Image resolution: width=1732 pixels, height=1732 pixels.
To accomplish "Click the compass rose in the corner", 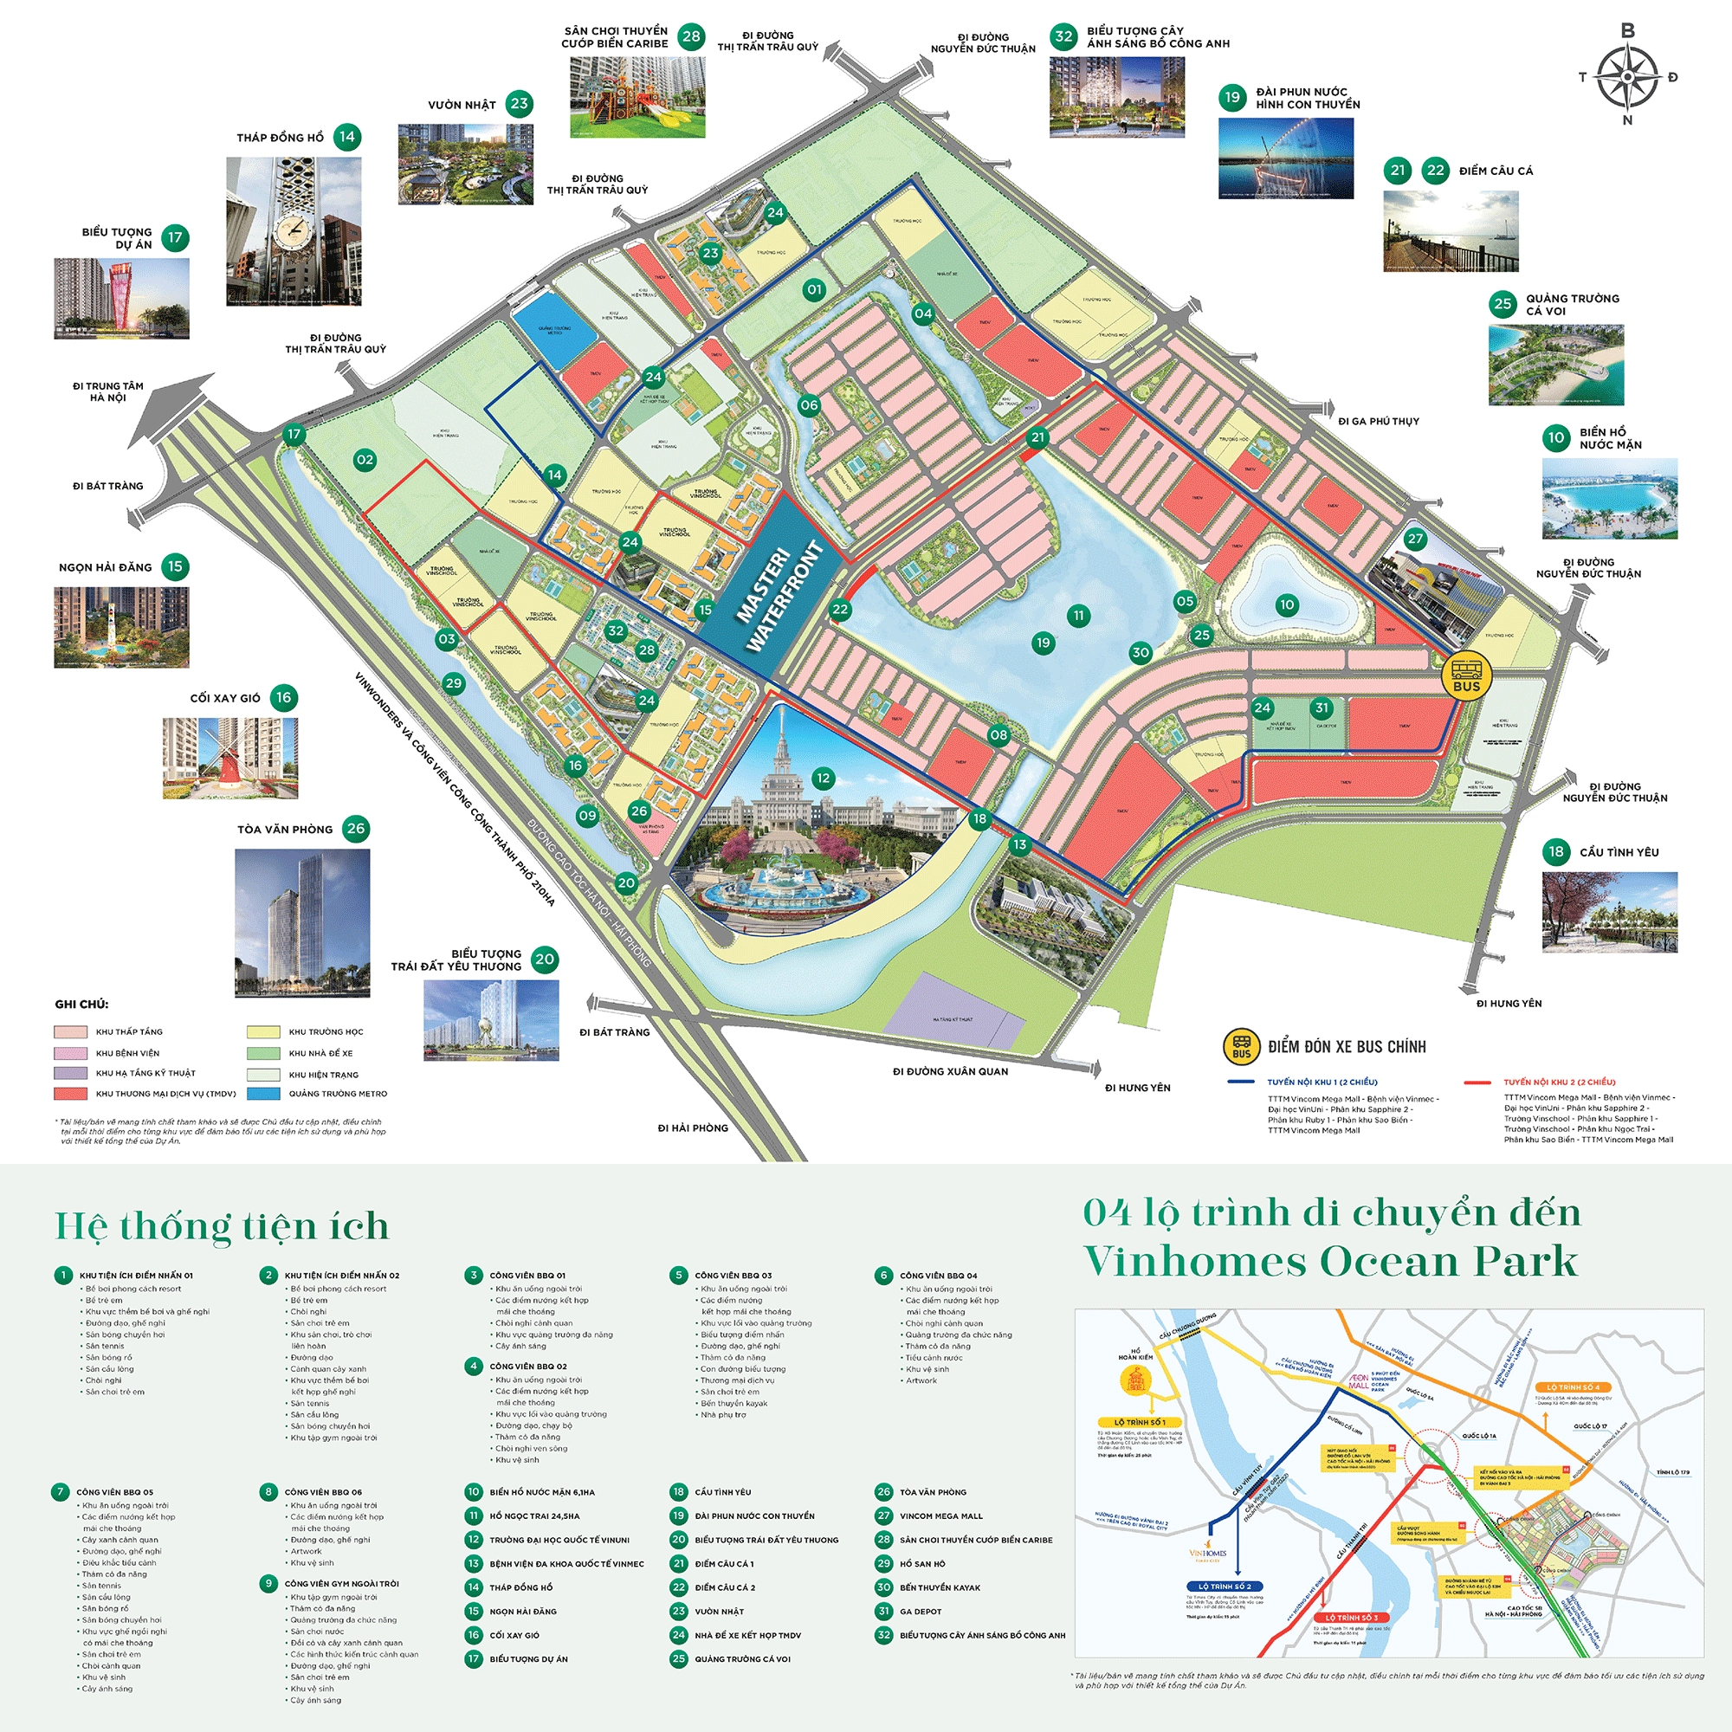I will pyautogui.click(x=1627, y=76).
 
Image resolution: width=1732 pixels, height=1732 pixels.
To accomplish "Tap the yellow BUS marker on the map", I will pyautogui.click(x=1467, y=677).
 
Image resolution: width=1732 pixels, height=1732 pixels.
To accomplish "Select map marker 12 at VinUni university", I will pyautogui.click(x=823, y=779).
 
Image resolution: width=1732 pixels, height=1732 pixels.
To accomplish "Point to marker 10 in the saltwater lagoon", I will pyautogui.click(x=1287, y=604).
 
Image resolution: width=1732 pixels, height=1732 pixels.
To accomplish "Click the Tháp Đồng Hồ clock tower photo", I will pyautogui.click(x=294, y=231).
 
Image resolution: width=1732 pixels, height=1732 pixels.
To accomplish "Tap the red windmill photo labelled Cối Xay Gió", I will pyautogui.click(x=230, y=758).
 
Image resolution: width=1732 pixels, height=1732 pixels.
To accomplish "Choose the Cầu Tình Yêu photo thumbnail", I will pyautogui.click(x=1609, y=912).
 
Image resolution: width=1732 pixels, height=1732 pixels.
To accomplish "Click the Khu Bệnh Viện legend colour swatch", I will pyautogui.click(x=70, y=1053).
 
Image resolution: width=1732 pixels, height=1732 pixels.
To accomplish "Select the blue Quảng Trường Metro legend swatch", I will pyautogui.click(x=262, y=1094).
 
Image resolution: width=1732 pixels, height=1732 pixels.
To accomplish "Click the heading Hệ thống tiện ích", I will pyautogui.click(x=222, y=1226).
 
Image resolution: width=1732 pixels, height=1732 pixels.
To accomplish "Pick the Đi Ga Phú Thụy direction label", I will pyautogui.click(x=1378, y=422).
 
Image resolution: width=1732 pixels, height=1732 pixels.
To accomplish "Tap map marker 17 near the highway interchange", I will pyautogui.click(x=294, y=435).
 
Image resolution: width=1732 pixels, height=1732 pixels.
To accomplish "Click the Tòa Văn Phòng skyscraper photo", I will pyautogui.click(x=302, y=922).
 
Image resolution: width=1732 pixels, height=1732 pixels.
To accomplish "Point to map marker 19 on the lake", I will pyautogui.click(x=1043, y=643).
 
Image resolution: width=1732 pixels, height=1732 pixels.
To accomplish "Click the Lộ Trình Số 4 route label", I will pyautogui.click(x=1573, y=1387).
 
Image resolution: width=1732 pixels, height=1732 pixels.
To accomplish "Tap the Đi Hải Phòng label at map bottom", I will pyautogui.click(x=692, y=1128).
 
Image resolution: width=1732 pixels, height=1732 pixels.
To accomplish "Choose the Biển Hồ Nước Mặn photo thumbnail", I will pyautogui.click(x=1609, y=499).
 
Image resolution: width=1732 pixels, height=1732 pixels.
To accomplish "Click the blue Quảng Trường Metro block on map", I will pyautogui.click(x=553, y=329).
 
